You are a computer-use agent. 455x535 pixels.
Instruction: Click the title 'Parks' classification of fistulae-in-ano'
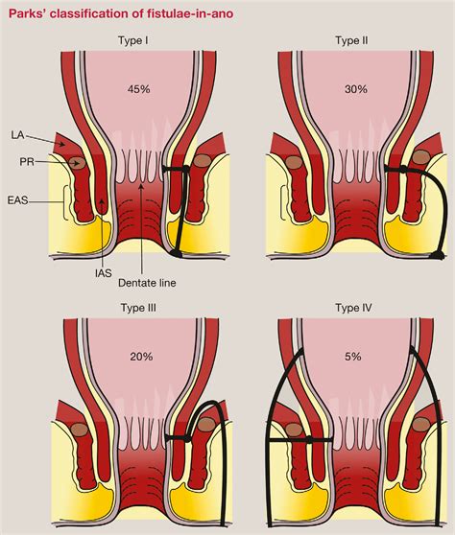point(121,13)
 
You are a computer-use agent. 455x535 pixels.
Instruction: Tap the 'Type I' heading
point(133,40)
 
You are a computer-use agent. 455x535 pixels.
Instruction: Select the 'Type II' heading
point(351,40)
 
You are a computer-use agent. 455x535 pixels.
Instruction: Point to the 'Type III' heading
point(138,308)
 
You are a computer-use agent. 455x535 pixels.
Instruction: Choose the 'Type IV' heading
point(353,308)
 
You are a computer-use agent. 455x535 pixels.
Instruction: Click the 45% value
point(138,89)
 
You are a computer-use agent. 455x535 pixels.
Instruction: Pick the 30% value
point(356,89)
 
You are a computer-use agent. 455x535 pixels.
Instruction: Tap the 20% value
point(141,357)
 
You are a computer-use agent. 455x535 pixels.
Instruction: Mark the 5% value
point(353,357)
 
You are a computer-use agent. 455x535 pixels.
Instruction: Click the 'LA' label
point(17,135)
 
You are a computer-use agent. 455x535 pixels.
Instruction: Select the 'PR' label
point(27,161)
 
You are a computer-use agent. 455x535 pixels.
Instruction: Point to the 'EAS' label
point(17,199)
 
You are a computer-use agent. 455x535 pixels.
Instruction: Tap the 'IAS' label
point(103,272)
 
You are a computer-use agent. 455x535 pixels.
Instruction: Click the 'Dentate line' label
point(147,283)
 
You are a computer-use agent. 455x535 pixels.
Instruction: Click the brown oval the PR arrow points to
point(77,163)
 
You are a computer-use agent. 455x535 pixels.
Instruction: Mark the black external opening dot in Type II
point(438,254)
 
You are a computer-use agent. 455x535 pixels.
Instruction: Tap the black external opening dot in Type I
point(176,253)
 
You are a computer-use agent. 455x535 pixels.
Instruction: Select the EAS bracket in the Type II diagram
point(283,202)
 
